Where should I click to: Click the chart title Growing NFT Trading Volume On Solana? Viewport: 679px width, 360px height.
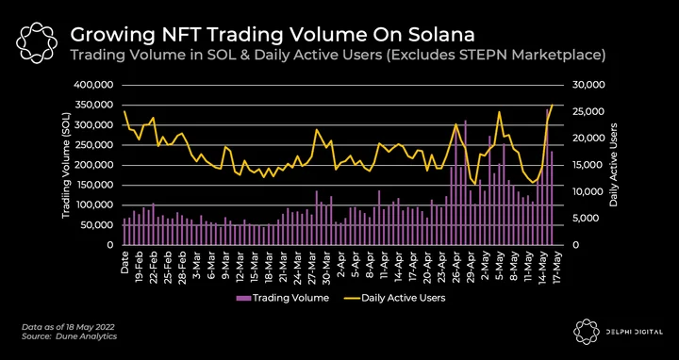point(272,35)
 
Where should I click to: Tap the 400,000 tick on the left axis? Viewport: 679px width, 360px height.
point(94,85)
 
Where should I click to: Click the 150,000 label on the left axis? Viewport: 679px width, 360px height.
point(94,186)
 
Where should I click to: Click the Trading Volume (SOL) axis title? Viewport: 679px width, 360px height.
point(66,165)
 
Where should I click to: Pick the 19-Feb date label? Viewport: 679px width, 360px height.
point(139,267)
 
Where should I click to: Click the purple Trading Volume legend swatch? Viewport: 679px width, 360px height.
point(243,298)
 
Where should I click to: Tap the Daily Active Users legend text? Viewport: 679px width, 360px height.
point(404,298)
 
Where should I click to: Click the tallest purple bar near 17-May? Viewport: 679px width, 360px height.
point(547,177)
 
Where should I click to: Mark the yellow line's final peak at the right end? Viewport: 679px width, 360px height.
point(552,105)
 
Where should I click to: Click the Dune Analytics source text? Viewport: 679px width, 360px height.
point(86,336)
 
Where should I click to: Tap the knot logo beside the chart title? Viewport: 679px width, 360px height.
point(37,42)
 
